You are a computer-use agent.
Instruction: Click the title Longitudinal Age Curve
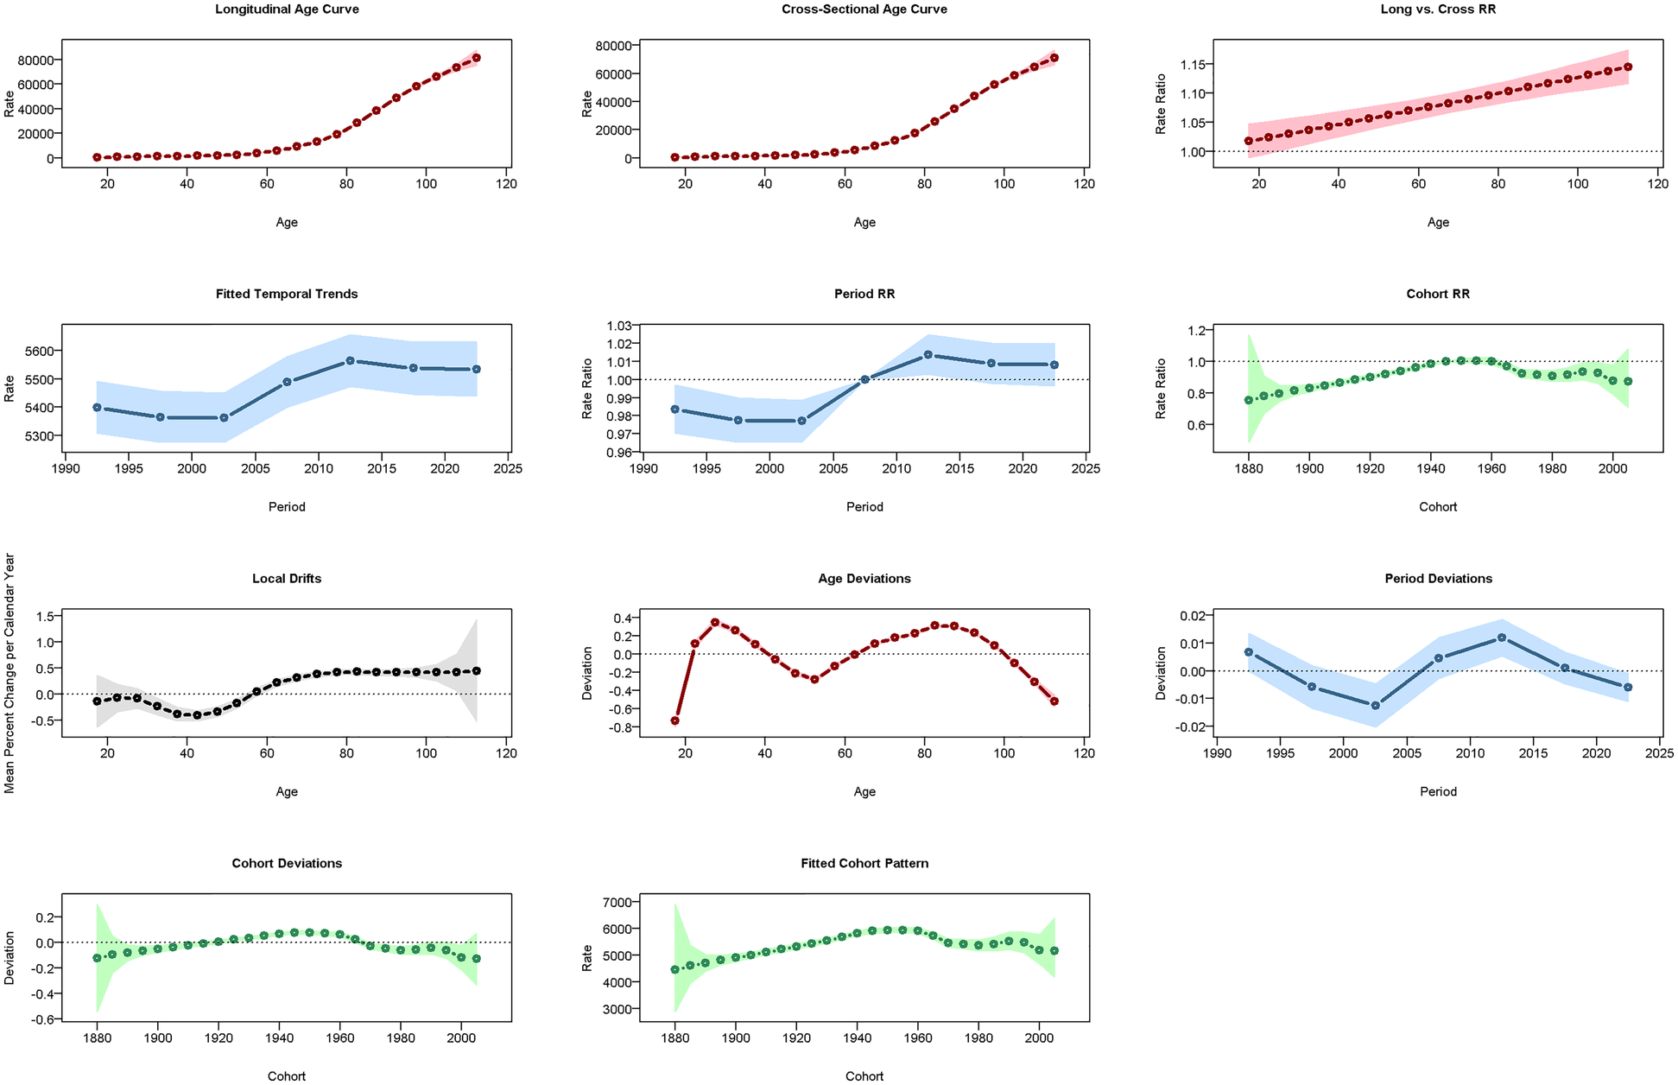287,10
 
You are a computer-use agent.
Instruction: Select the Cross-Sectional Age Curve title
864,10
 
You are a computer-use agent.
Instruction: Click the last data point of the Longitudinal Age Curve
477,58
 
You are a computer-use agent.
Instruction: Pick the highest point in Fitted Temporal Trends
350,360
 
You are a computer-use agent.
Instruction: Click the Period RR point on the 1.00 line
864,379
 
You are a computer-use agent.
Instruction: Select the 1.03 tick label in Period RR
618,326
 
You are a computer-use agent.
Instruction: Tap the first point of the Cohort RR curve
1248,400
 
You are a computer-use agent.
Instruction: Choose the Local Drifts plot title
287,579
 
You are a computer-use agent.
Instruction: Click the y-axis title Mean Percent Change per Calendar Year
9,673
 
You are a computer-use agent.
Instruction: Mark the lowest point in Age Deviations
674,720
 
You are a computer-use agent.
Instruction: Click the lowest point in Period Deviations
1376,706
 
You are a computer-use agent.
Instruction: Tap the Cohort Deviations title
287,864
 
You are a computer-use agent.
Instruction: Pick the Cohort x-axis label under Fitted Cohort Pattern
864,1076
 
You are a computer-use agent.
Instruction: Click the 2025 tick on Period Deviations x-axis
1659,753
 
